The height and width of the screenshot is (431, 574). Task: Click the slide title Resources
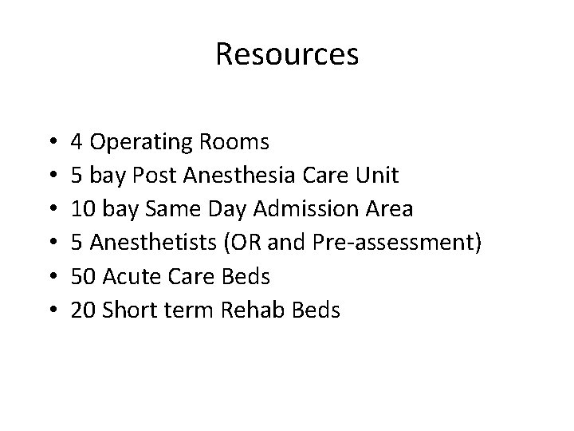[287, 54]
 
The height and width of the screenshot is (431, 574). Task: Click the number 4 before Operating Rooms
[77, 143]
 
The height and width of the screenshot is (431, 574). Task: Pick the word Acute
[129, 277]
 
